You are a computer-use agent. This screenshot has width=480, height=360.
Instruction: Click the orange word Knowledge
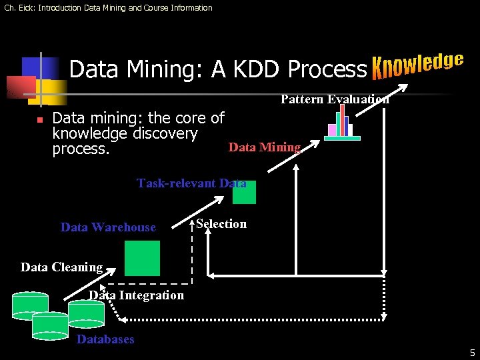click(x=417, y=65)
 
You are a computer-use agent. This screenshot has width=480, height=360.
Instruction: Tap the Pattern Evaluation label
click(x=335, y=99)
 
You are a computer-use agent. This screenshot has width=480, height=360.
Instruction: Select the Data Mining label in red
click(x=265, y=147)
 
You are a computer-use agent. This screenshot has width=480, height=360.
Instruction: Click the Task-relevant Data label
click(x=191, y=183)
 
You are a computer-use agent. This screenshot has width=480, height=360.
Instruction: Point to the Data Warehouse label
click(x=108, y=227)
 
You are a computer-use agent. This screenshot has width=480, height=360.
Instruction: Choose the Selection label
click(x=221, y=224)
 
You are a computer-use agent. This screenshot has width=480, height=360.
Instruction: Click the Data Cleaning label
click(x=61, y=267)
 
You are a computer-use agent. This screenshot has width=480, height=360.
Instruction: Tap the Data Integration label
click(x=137, y=295)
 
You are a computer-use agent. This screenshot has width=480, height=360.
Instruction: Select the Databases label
click(x=105, y=339)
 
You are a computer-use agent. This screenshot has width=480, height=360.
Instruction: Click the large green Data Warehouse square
click(x=143, y=258)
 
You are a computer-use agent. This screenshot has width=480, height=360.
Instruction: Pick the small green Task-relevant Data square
click(x=244, y=192)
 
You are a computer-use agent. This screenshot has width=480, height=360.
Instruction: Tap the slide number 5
click(x=472, y=353)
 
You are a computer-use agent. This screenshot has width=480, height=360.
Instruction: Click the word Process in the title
click(x=327, y=69)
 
